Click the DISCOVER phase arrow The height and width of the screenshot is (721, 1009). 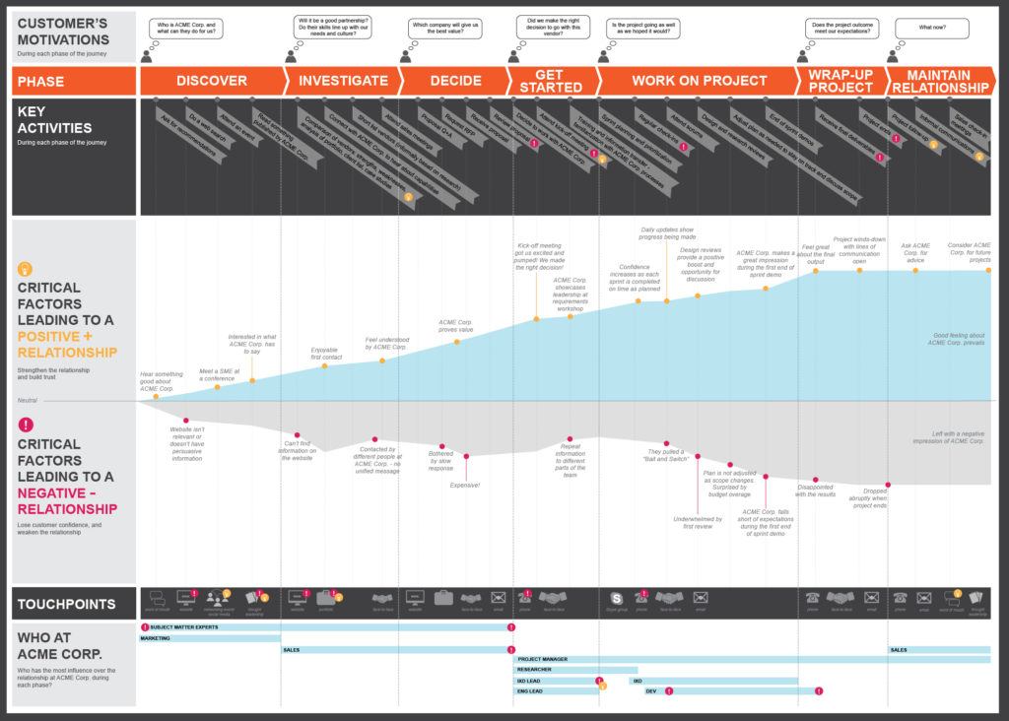point(212,81)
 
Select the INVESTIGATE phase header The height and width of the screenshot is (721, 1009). point(343,81)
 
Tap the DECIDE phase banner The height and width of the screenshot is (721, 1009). point(455,81)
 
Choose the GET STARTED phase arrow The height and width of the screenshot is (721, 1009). point(551,81)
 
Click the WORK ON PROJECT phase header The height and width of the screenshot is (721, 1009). point(699,81)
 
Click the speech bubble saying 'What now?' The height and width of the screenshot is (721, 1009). point(932,28)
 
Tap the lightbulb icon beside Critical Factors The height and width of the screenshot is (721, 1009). point(27,268)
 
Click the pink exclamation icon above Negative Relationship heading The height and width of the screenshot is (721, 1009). point(27,425)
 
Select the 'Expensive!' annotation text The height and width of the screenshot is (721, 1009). point(464,486)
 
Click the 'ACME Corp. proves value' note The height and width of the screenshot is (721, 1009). point(455,326)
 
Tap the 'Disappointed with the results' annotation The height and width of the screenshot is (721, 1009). point(815,491)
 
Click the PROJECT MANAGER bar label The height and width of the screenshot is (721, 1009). point(542,659)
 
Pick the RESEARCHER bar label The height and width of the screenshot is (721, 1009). point(535,670)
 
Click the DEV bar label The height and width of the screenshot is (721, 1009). point(651,690)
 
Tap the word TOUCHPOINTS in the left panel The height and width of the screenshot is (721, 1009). point(66,604)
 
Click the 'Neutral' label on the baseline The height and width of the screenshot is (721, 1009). point(27,401)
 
